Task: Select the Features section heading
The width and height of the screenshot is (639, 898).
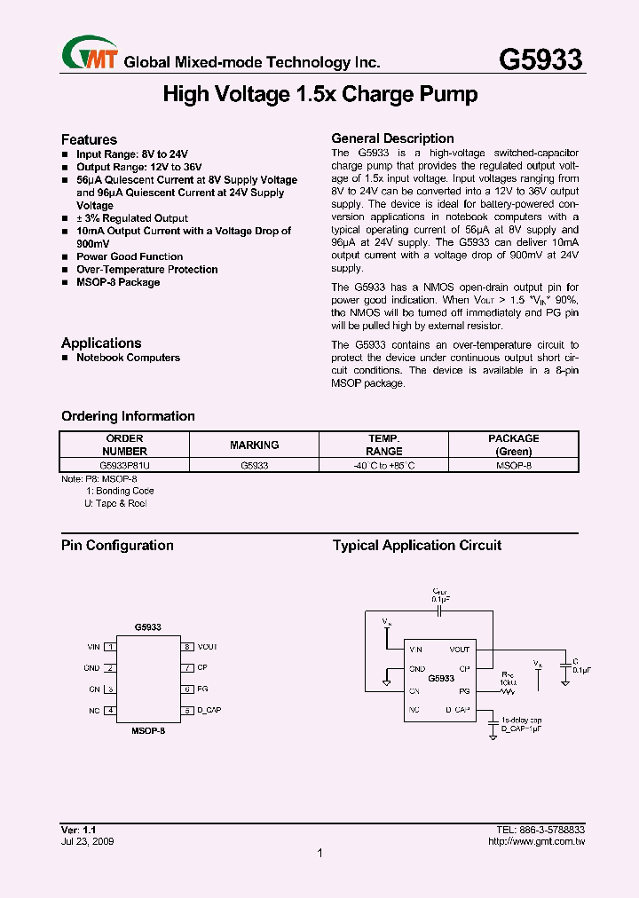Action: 89,139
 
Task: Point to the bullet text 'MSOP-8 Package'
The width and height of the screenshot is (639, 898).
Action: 117,282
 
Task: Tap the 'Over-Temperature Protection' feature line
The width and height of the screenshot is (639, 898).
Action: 146,270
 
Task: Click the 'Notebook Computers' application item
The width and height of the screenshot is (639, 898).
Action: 128,358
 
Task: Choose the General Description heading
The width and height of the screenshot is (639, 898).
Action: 392,138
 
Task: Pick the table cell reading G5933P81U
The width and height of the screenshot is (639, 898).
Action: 124,464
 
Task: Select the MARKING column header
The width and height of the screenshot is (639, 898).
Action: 254,445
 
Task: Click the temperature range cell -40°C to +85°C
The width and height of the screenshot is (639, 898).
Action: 383,464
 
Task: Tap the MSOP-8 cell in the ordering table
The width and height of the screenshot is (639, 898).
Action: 513,464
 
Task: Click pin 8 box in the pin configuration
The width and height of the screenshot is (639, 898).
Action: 187,647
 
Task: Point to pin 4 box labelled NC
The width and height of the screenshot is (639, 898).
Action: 109,710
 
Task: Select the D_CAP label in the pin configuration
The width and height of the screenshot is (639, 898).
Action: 209,711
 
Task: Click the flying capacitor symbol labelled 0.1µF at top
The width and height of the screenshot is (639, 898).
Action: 440,610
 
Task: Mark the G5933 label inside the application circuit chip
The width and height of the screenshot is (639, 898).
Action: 441,678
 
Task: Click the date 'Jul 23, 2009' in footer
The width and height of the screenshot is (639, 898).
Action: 87,840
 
